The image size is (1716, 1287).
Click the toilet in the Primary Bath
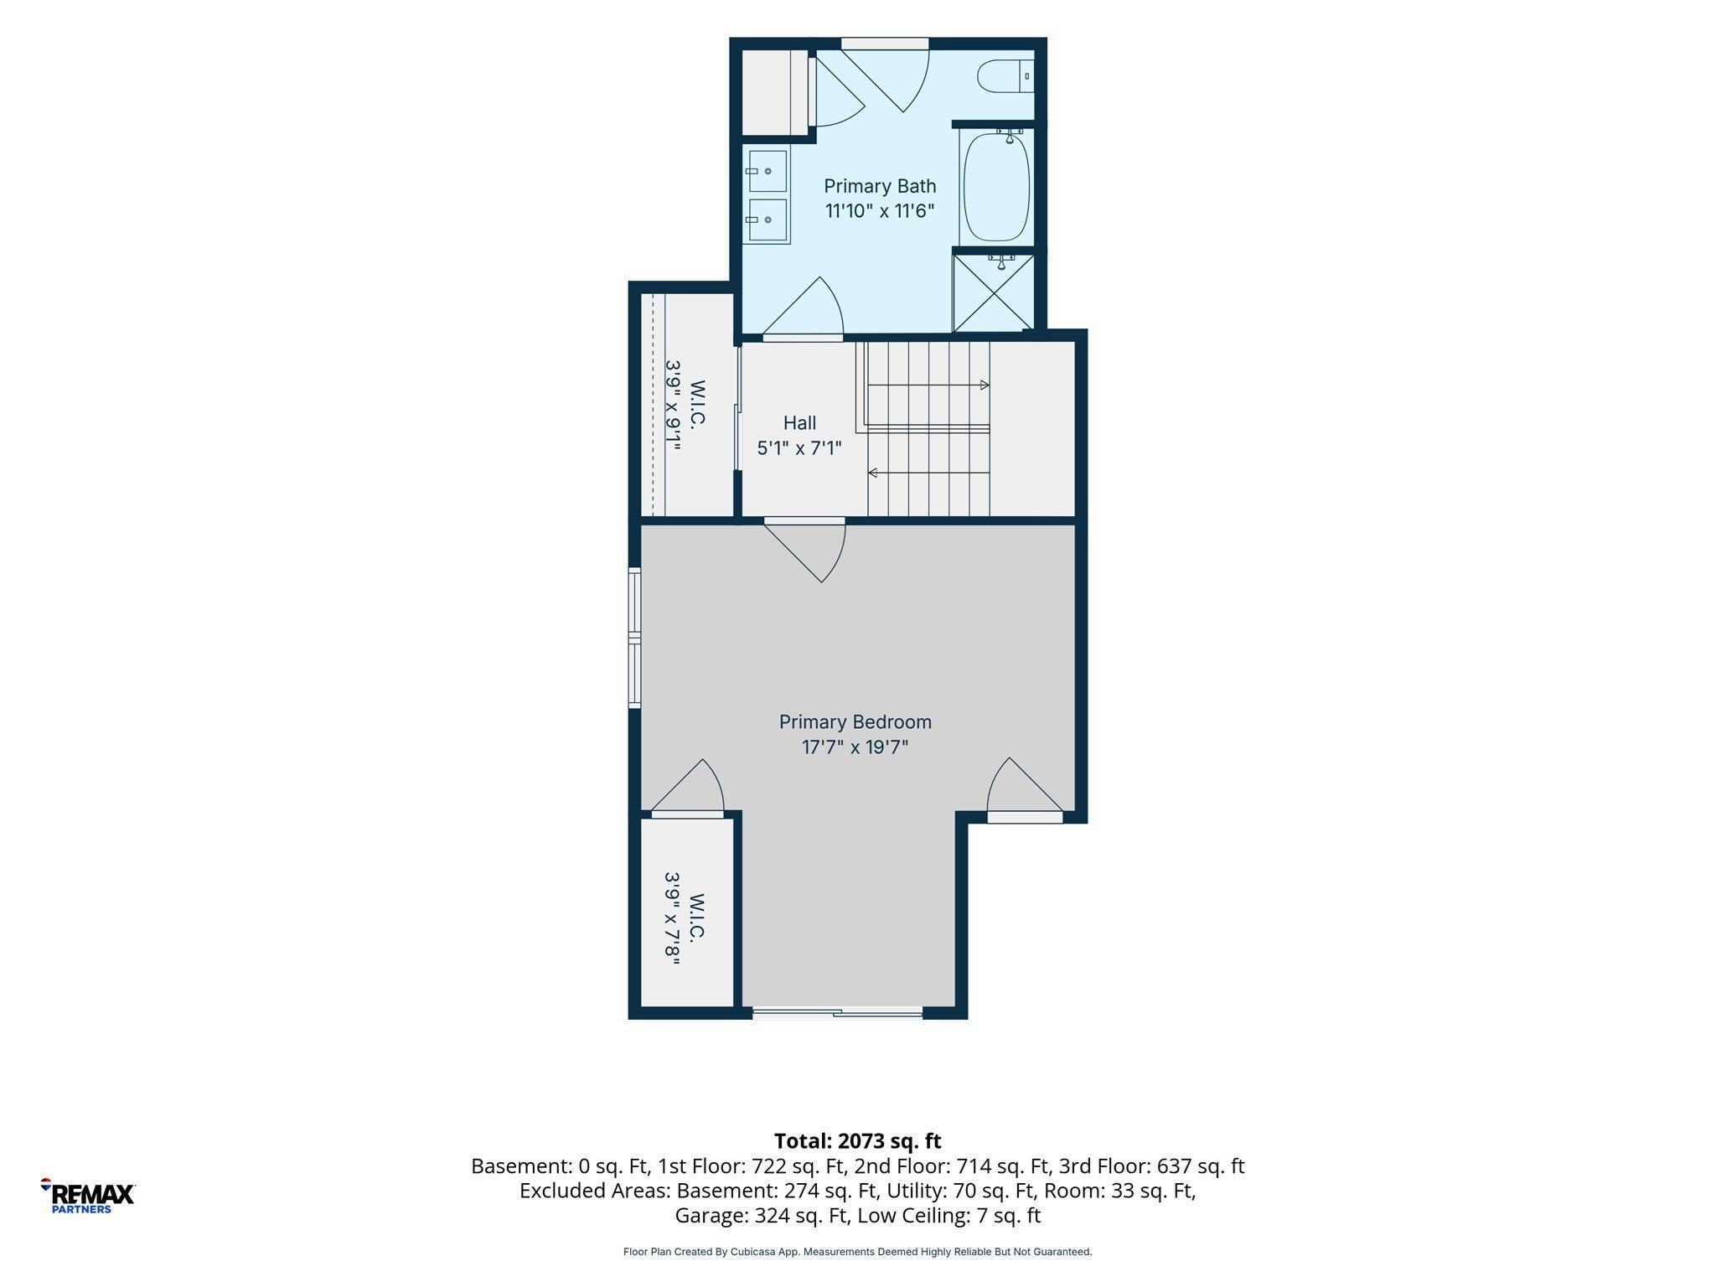tap(1005, 76)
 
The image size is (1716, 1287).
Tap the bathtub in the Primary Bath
tap(997, 186)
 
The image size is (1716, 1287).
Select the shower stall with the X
tap(994, 292)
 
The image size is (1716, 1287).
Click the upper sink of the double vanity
tap(768, 171)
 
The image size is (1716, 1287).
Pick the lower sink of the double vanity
tap(768, 220)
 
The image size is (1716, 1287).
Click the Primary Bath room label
tap(880, 186)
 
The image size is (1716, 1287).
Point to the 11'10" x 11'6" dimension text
tap(880, 210)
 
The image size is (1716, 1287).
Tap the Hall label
tap(799, 423)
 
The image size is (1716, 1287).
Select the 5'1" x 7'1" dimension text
tap(799, 448)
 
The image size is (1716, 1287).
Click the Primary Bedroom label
tap(855, 721)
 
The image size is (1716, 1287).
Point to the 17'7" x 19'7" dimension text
tap(855, 747)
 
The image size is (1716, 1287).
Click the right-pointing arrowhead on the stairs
tap(985, 385)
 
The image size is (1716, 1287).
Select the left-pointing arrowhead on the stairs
tap(872, 473)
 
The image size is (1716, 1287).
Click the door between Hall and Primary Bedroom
tap(804, 549)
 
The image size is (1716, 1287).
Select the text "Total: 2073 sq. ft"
tap(857, 1140)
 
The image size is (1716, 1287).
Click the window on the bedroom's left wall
tap(634, 638)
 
